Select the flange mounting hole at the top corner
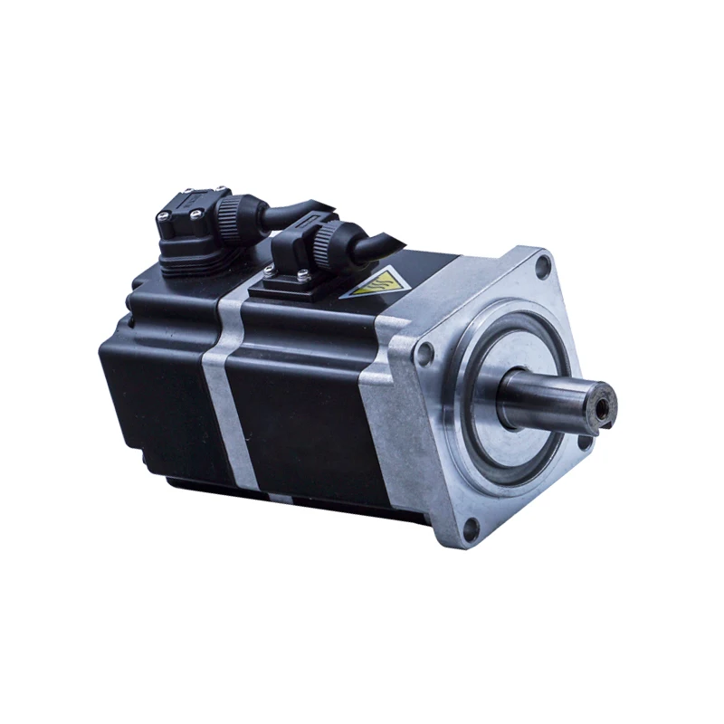[543, 265]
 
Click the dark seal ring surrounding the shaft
[480, 425]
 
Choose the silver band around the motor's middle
[223, 389]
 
